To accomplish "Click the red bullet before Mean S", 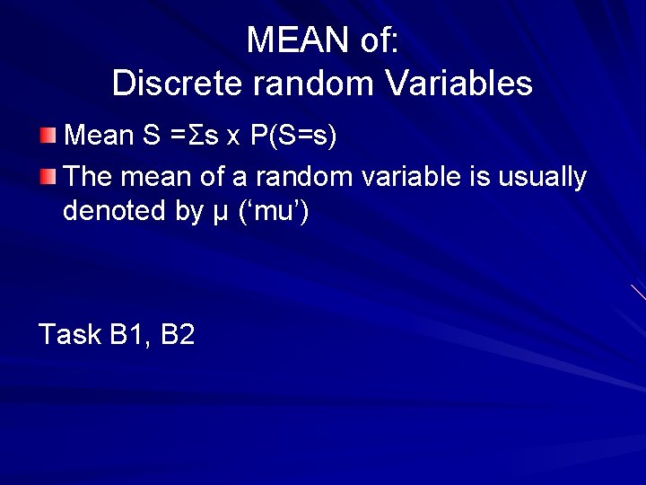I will coord(48,137).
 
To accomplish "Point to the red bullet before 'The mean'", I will coord(48,176).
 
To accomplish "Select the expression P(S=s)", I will coord(293,137).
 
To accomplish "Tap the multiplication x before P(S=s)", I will coord(232,137).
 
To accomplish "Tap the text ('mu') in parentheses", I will coord(275,212).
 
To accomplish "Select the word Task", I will coord(70,335).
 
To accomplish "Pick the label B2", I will coord(178,335).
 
